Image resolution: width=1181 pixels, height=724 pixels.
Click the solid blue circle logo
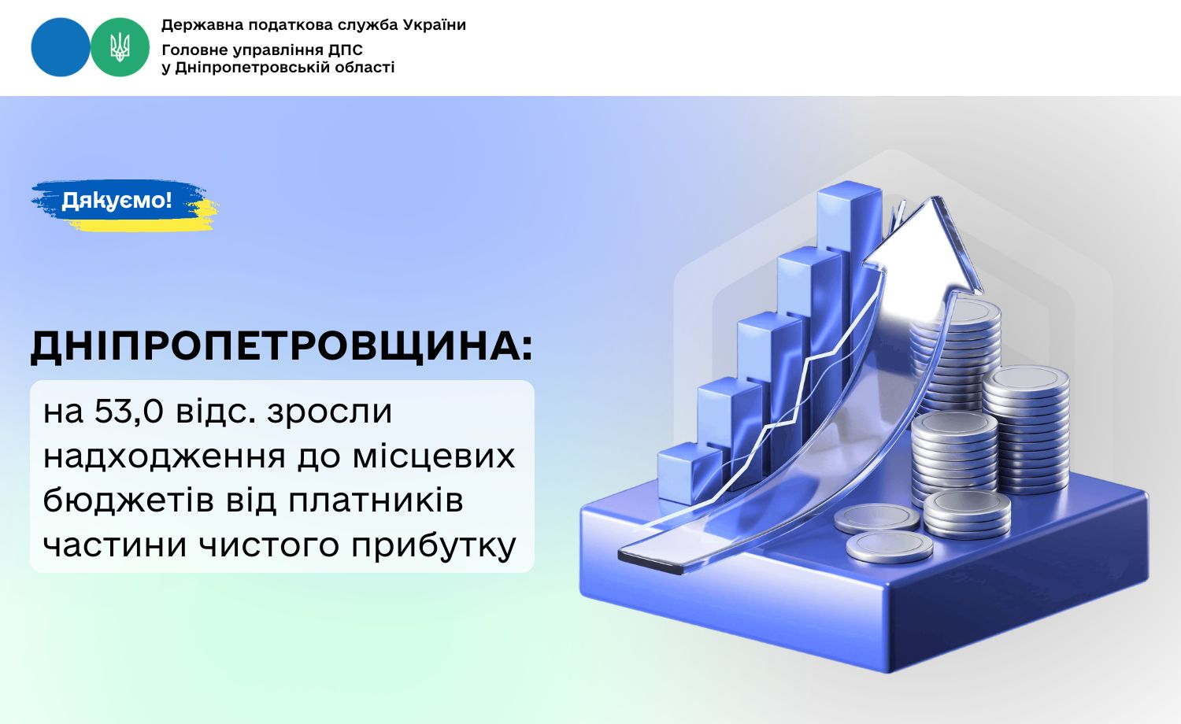click(61, 47)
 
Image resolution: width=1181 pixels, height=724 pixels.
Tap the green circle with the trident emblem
click(120, 47)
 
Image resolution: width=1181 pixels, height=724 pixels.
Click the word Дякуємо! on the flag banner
click(117, 200)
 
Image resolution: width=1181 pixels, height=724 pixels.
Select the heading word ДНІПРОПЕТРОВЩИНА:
click(282, 347)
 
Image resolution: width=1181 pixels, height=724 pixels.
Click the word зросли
click(330, 412)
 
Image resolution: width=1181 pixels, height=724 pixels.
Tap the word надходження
click(164, 457)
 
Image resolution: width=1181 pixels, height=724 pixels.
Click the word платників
click(376, 500)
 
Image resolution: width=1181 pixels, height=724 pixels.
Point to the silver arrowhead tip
click(936, 198)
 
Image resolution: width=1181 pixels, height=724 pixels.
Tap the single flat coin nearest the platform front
click(890, 547)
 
